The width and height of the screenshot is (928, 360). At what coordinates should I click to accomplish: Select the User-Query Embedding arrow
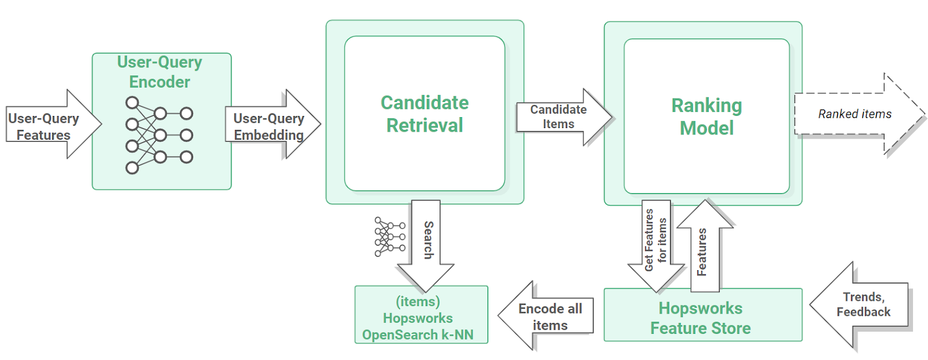pyautogui.click(x=270, y=126)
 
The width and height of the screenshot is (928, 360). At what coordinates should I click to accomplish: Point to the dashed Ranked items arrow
pyautogui.click(x=855, y=114)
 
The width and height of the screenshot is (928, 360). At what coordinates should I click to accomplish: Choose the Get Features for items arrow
pyautogui.click(x=656, y=243)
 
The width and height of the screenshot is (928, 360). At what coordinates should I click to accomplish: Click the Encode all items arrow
pyautogui.click(x=548, y=317)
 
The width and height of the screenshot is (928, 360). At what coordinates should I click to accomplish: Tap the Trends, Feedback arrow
pyautogui.click(x=862, y=305)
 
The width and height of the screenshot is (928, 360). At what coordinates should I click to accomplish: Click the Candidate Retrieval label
pyautogui.click(x=425, y=114)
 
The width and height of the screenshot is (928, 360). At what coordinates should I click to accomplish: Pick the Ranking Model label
pyautogui.click(x=706, y=117)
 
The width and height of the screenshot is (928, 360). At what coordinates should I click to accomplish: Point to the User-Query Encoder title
pyautogui.click(x=159, y=72)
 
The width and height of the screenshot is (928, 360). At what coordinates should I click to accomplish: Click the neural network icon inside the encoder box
pyautogui.click(x=158, y=135)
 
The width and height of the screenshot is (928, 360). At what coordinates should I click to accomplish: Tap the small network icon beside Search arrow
pyautogui.click(x=389, y=237)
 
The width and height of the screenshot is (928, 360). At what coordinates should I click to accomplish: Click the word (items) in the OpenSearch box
pyautogui.click(x=418, y=301)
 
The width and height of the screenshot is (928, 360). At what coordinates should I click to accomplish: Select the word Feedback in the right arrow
pyautogui.click(x=863, y=312)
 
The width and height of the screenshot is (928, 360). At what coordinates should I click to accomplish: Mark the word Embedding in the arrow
pyautogui.click(x=269, y=135)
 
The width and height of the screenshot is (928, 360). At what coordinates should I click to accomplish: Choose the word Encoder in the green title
pyautogui.click(x=159, y=82)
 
